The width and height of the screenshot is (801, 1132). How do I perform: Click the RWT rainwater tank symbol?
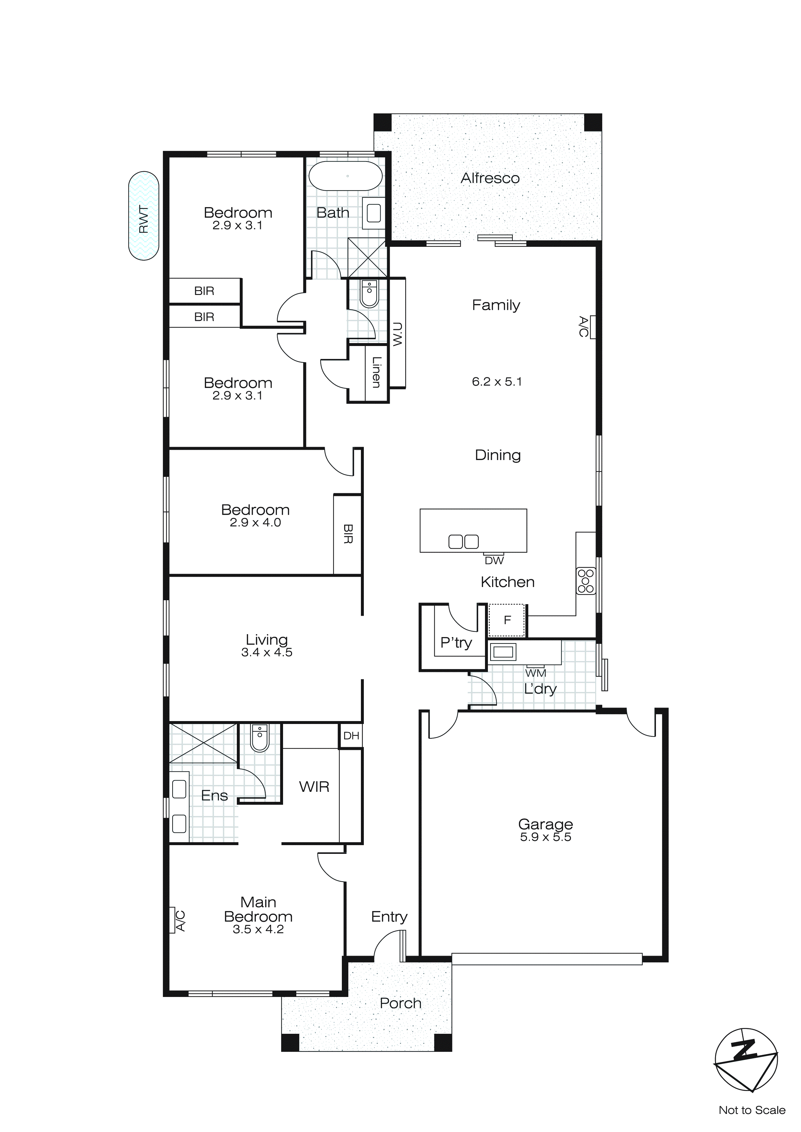[x=143, y=215]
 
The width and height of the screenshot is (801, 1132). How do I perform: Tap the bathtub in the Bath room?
[x=346, y=176]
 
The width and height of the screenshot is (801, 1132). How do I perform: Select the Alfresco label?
[x=490, y=178]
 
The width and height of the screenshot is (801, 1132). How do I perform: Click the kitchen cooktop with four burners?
[x=586, y=581]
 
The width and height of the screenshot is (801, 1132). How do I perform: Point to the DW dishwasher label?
[x=494, y=561]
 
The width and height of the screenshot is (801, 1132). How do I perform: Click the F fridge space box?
[x=507, y=620]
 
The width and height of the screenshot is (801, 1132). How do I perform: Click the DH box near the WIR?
[x=351, y=736]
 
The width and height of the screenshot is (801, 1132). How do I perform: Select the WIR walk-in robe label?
[x=314, y=787]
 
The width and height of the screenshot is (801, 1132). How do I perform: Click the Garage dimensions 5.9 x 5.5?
[x=545, y=837]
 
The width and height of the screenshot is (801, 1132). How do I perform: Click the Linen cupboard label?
[x=376, y=372]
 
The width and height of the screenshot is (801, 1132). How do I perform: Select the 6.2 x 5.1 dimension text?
[x=497, y=382]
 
